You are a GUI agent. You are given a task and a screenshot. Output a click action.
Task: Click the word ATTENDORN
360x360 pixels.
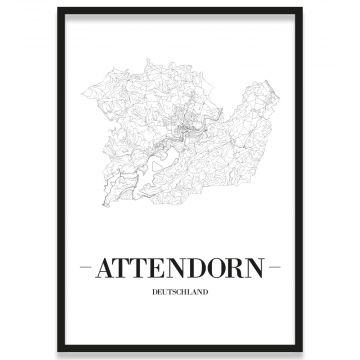point(180,268)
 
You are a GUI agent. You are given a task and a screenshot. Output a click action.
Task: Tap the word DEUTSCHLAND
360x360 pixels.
point(180,292)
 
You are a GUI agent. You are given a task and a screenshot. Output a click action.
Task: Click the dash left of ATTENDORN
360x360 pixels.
point(82,268)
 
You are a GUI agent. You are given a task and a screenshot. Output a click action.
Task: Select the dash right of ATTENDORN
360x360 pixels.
point(277,268)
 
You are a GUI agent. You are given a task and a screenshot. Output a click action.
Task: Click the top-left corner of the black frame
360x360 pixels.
point(59,9)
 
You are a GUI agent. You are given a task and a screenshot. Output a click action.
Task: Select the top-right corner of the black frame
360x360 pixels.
point(301,9)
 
